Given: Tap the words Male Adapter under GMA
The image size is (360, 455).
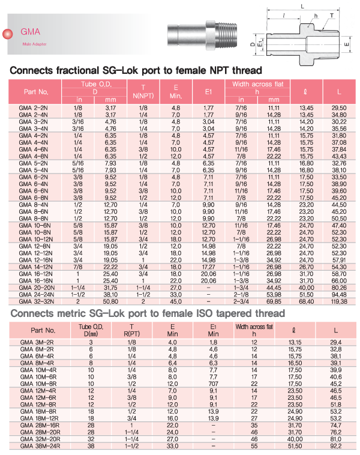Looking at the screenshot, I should coord(34,44).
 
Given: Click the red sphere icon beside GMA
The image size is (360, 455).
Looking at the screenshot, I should coord(8,35).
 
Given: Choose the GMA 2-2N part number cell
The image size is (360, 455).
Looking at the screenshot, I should coord(33,106).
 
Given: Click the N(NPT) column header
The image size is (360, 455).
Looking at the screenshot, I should coord(143,96).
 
